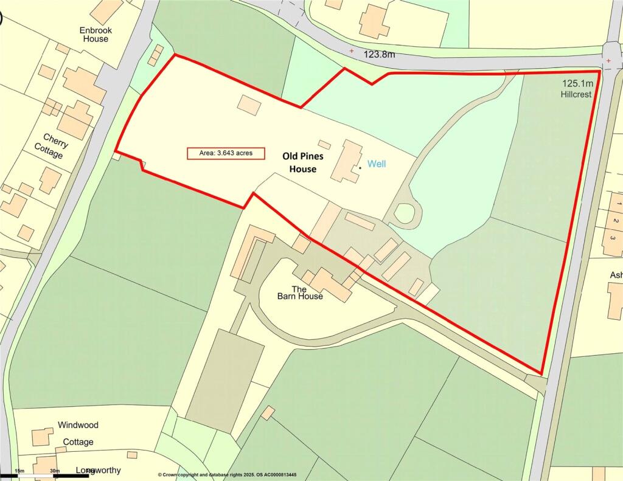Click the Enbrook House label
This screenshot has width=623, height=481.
[94, 34]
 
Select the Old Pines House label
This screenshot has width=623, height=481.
[302, 162]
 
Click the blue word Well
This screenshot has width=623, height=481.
[376, 164]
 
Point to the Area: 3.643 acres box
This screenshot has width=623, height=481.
[226, 153]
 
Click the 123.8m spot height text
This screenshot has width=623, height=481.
[379, 54]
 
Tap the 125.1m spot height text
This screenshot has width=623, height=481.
[577, 83]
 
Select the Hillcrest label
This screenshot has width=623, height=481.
[576, 94]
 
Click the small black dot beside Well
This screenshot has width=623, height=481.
[360, 167]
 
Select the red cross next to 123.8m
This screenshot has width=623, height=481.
[352, 52]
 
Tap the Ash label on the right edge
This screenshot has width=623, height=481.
[615, 275]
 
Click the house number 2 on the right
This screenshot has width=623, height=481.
[615, 220]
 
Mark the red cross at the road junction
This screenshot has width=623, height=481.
[608, 61]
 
